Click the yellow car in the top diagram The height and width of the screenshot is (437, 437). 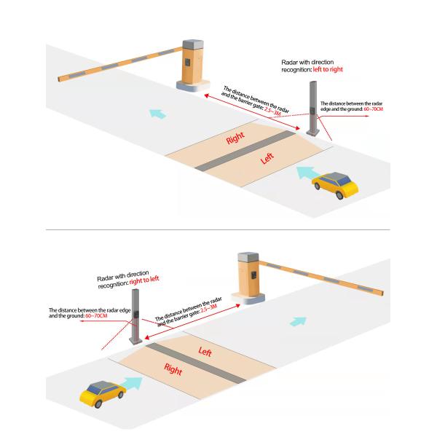tap(336, 184)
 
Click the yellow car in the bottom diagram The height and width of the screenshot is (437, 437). tap(102, 394)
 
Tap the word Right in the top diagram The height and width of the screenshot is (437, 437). tap(235, 137)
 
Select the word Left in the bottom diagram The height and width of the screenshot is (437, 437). tap(205, 352)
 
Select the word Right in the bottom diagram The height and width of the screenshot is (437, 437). tap(173, 369)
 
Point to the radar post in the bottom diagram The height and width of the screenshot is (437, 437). tap(134, 317)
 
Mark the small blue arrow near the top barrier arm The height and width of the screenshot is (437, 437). tap(155, 114)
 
